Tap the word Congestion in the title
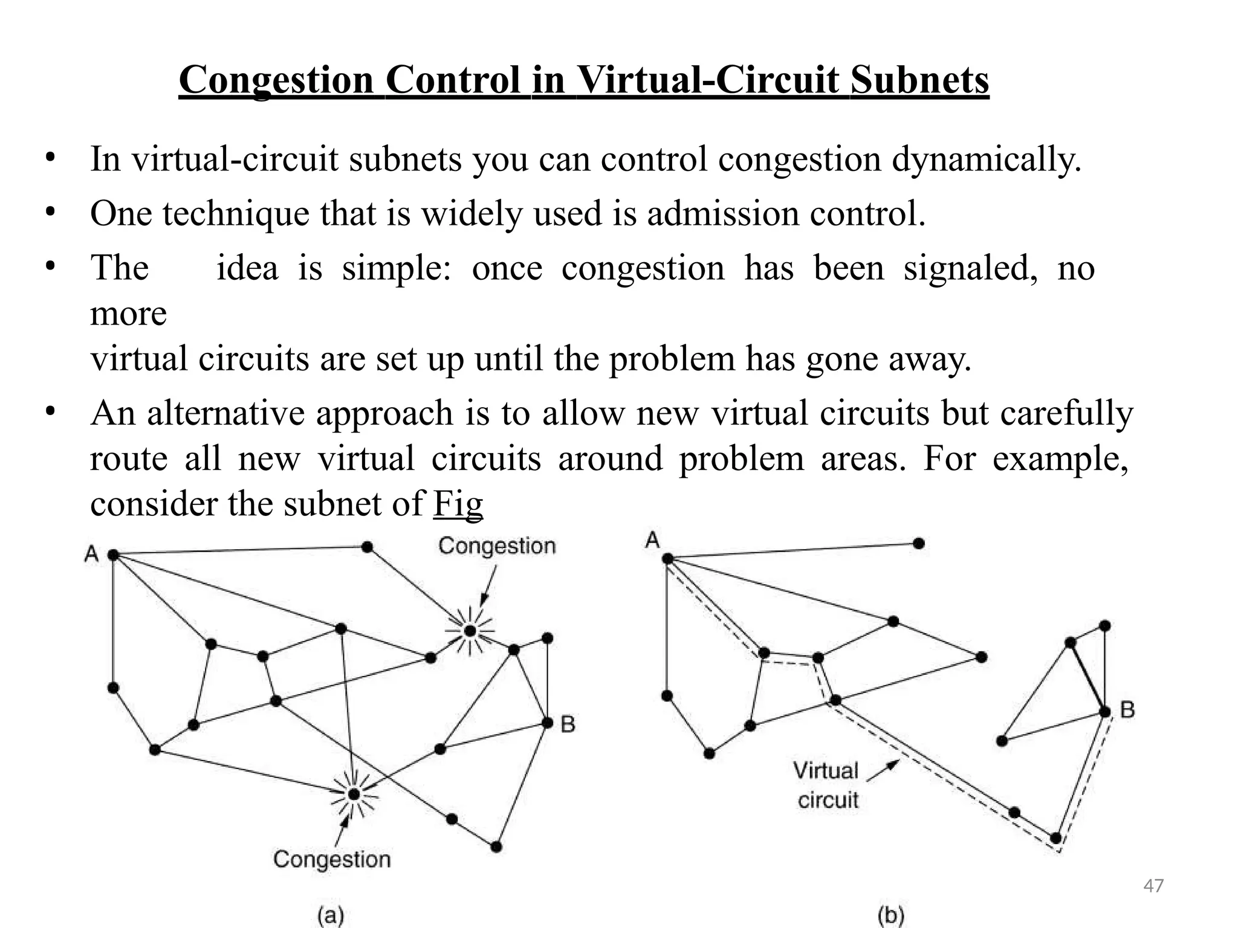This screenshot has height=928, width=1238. [276, 80]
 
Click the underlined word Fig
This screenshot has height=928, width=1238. [458, 503]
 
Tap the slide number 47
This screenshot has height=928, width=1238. [1153, 886]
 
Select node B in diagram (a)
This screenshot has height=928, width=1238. [548, 723]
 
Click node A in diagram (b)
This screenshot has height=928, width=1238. [667, 558]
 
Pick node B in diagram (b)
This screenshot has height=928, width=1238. [1105, 712]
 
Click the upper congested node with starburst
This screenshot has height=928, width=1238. [470, 631]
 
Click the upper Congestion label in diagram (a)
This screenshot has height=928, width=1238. [497, 546]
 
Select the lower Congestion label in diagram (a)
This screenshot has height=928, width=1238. [332, 859]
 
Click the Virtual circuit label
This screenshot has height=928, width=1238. [827, 785]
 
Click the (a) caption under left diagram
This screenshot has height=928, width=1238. [331, 916]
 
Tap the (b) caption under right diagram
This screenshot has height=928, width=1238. [890, 916]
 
